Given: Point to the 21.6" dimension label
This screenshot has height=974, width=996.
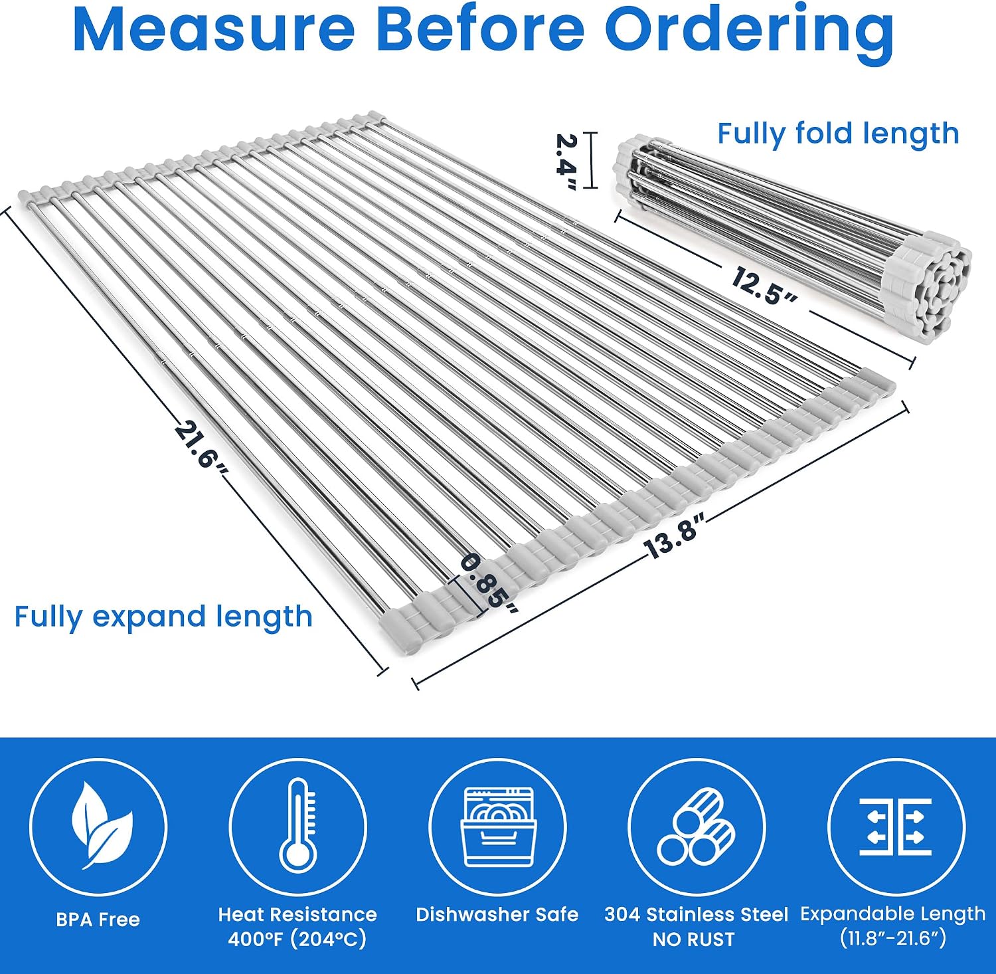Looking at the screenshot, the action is [x=201, y=445].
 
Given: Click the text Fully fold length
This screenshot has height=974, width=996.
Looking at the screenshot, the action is [x=838, y=134].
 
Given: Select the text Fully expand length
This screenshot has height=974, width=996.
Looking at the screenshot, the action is [x=163, y=617].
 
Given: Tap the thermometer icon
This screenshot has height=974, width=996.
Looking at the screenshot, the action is [x=297, y=826].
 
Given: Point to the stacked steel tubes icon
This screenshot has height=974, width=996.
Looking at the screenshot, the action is [x=696, y=826].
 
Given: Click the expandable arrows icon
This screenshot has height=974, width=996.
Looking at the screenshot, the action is [x=896, y=827].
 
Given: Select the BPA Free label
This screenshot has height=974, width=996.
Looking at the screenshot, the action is [x=98, y=920].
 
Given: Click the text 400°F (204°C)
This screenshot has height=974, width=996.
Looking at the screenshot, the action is [x=297, y=939].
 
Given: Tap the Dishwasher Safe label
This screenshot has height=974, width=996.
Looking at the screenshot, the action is [x=497, y=915].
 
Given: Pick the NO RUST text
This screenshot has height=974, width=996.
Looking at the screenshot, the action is [x=694, y=939].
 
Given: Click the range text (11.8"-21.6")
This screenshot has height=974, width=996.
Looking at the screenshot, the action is [x=892, y=939].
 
